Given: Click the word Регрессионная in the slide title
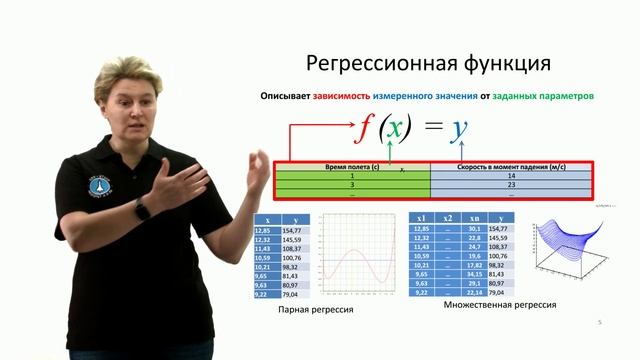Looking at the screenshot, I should pos(371,64).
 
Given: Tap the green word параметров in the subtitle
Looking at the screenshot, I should pos(563,97).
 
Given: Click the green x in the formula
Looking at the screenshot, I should pos(395,130).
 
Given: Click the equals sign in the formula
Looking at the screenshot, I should pos(428,130).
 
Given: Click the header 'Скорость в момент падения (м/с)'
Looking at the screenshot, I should pos(511,167).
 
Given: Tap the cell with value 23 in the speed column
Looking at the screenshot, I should pos(511,185).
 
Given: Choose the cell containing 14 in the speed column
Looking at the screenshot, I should pos(511,176).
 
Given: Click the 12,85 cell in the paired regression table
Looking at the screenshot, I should pos(265,229).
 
